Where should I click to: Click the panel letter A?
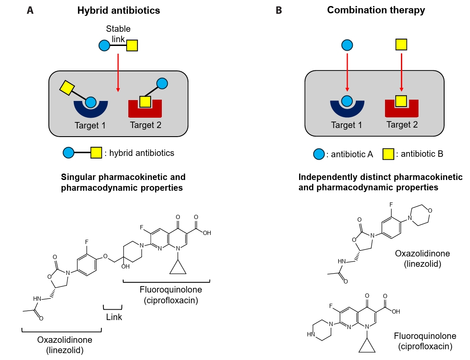[x=30, y=11]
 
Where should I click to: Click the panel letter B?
[x=279, y=11]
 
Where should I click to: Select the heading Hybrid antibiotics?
[x=118, y=11]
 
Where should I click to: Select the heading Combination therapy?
[x=376, y=10]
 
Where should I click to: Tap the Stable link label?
[x=118, y=34]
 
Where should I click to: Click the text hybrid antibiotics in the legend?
[x=142, y=153]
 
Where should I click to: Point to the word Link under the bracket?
[x=114, y=317]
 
